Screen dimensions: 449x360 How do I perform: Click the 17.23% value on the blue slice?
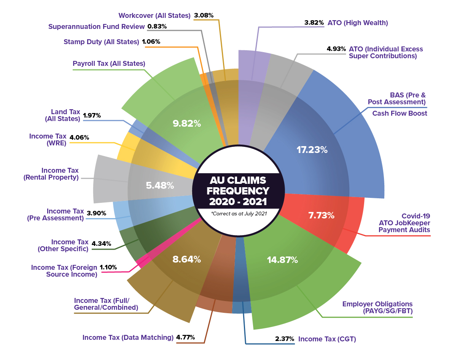coord(312,150)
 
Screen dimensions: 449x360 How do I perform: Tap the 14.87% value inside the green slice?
coord(282,260)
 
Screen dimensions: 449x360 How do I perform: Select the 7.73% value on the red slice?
coord(321,215)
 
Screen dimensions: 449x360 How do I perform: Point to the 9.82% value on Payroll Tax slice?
coord(187,123)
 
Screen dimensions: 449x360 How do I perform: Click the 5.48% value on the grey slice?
coord(160,186)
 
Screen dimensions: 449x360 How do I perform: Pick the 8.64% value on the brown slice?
coord(186,260)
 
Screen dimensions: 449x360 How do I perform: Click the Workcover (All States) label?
coord(154,16)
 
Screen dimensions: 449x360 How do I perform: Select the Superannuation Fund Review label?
coord(97,27)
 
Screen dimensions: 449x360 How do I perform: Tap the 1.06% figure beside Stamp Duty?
coord(151,41)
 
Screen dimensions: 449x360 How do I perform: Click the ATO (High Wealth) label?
coord(358,23)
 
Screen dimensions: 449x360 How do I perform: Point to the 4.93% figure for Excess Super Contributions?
coord(336,49)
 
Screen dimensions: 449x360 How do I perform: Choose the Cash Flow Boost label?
coord(400,113)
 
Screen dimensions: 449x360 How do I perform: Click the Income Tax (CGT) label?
coord(327,339)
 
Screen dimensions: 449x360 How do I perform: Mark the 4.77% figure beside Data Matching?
coord(185,338)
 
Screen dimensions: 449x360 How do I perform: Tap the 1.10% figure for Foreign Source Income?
coord(108,267)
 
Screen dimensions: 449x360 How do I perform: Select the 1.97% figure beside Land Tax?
coord(92,115)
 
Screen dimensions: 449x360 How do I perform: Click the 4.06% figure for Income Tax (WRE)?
coord(79,137)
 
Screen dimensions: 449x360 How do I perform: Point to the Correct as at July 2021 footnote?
coord(239,213)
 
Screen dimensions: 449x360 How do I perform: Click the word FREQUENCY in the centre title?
coord(238,191)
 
